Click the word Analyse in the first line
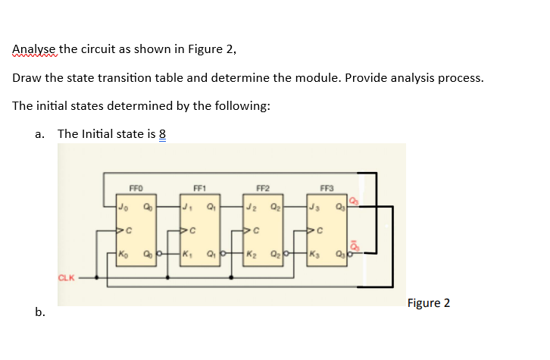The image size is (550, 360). click(34, 50)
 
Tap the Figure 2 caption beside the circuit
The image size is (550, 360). click(428, 303)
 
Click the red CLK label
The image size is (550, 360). click(67, 278)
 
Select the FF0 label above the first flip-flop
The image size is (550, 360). click(136, 186)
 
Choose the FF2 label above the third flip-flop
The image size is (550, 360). click(262, 186)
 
